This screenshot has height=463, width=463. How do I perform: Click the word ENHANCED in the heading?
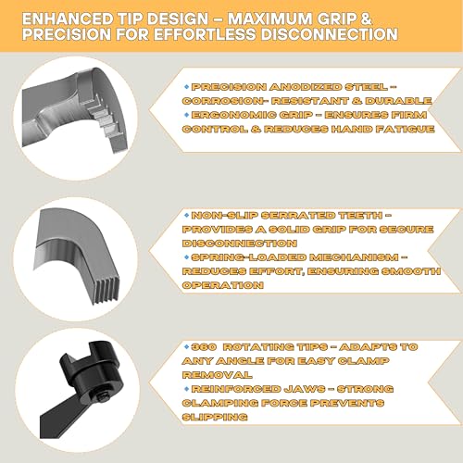point(68,19)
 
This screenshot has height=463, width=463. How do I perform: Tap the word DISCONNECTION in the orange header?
point(330,34)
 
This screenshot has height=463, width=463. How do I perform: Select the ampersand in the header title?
point(366,19)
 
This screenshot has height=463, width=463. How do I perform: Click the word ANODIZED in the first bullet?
point(306,87)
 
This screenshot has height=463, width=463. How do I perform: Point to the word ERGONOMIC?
point(233,115)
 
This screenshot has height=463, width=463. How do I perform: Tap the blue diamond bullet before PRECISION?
point(186,87)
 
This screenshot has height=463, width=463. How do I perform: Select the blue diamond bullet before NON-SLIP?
point(186,215)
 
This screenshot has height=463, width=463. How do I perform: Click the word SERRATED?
point(298,216)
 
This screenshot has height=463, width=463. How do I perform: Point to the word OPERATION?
point(222,285)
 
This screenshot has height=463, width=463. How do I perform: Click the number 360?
point(204,347)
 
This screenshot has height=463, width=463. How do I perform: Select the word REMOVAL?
point(217,375)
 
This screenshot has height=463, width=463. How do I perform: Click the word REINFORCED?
point(236,389)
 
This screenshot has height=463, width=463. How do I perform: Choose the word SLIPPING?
point(215,417)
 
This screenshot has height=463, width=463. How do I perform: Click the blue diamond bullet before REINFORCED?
point(186,389)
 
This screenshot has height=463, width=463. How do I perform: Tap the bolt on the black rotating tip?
point(103,396)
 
